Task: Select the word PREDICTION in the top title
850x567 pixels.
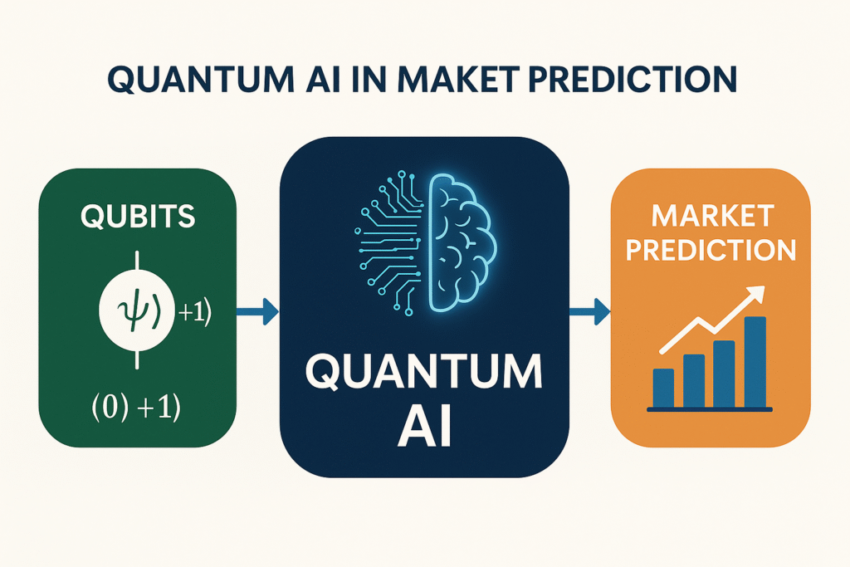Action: coord(633,80)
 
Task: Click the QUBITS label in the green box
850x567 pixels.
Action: coord(138,217)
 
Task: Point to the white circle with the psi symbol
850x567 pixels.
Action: coord(137,310)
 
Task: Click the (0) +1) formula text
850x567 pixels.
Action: coord(135,407)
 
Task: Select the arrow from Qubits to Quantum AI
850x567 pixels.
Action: coord(257,311)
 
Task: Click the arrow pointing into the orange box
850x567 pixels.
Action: coord(590,311)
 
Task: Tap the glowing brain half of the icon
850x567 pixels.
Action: coord(462,242)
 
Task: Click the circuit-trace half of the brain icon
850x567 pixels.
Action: coord(389,242)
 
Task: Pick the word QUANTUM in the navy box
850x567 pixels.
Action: coord(424,373)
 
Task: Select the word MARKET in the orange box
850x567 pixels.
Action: coord(712,216)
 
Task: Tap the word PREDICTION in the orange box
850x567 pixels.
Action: coord(711,249)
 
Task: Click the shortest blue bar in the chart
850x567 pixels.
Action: coord(663,388)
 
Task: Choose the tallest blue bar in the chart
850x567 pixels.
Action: coord(755,362)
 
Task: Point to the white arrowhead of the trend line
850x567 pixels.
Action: coord(755,295)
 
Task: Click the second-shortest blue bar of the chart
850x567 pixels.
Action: coord(694,380)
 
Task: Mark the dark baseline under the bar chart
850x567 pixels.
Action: coord(710,409)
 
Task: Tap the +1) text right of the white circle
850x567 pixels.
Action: coord(194,313)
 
